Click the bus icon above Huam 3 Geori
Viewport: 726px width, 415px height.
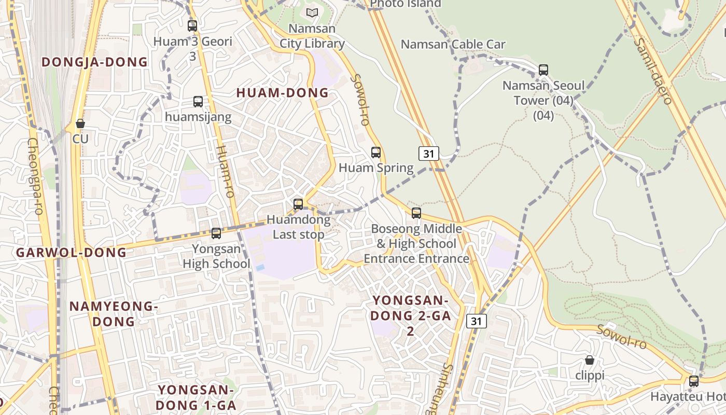(x=192, y=25)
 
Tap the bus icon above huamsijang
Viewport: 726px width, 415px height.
(x=198, y=102)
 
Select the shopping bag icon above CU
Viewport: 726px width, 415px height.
(x=80, y=123)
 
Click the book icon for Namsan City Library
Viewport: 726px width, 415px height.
(x=312, y=12)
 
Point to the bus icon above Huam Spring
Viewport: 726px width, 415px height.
(x=376, y=153)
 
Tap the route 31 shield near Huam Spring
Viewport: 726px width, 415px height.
(x=428, y=153)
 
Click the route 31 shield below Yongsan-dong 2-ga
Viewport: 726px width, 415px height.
(x=476, y=321)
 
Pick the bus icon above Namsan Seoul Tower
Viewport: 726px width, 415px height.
(x=543, y=70)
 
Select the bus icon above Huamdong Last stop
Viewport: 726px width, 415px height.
(x=298, y=204)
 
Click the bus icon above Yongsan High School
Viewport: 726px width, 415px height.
(x=216, y=233)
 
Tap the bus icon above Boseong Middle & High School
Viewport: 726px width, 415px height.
(x=416, y=213)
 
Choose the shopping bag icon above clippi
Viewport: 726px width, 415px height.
(x=590, y=360)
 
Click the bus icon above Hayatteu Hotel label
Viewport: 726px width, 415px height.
(x=694, y=382)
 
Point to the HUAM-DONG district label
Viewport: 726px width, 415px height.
(x=283, y=93)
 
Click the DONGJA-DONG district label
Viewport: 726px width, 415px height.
(x=94, y=62)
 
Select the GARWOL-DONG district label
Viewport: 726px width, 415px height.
(x=71, y=253)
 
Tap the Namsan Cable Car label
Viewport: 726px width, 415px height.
(x=453, y=44)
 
